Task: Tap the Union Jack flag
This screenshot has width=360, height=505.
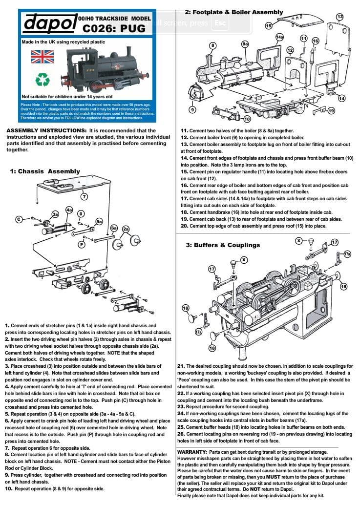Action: click(x=42, y=57)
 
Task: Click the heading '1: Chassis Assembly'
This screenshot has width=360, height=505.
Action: click(x=45, y=171)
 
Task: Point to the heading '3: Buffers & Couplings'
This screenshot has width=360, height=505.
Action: click(x=222, y=245)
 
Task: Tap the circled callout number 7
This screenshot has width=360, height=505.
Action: click(x=84, y=197)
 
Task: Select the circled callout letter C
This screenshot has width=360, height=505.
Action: click(x=20, y=219)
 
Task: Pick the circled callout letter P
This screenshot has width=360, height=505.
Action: click(x=81, y=245)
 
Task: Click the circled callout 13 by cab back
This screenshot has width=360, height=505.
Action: click(x=340, y=17)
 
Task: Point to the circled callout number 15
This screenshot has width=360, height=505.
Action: click(x=269, y=25)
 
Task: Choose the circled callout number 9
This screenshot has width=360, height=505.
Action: click(x=192, y=109)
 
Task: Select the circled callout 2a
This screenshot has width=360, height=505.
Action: click(x=126, y=229)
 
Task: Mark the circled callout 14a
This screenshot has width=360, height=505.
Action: click(x=279, y=37)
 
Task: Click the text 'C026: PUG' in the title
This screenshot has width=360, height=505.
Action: click(x=114, y=28)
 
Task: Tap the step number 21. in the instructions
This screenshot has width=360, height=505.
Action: click(x=181, y=366)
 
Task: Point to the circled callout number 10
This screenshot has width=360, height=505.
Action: click(x=247, y=119)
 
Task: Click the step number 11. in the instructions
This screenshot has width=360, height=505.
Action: click(x=185, y=131)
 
